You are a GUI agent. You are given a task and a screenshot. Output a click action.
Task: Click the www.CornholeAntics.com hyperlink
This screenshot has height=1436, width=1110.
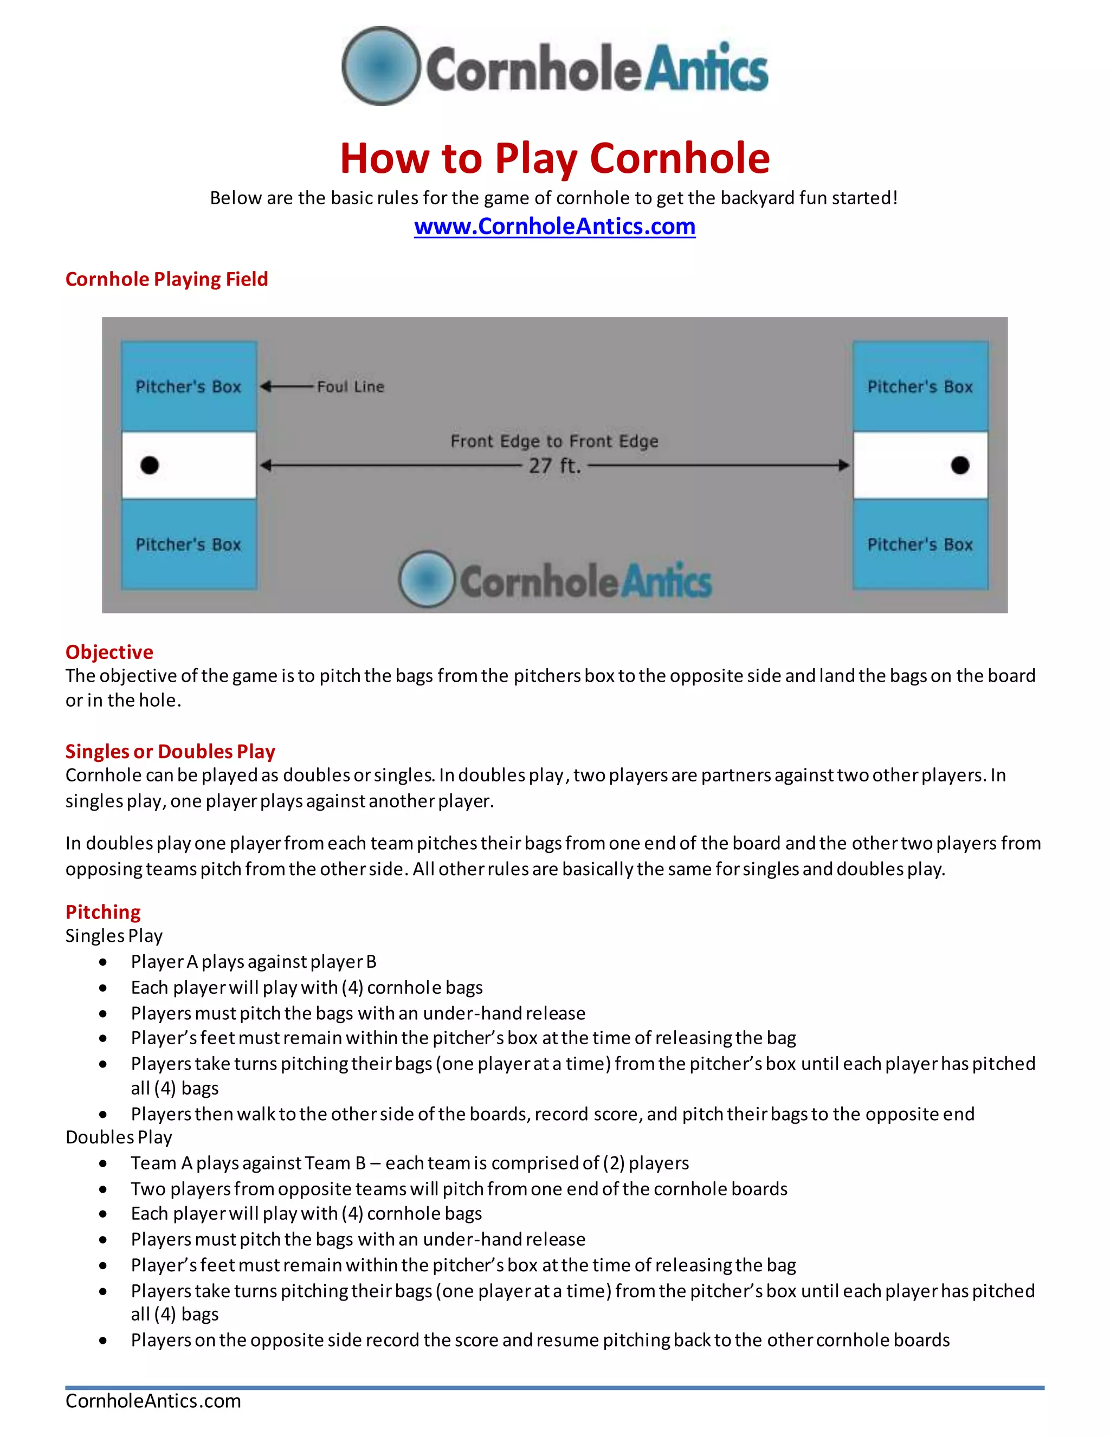[554, 226]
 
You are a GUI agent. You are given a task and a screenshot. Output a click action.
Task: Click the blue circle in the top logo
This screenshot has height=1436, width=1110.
[380, 66]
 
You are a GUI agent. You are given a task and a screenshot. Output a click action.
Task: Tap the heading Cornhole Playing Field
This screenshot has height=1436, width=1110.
[166, 279]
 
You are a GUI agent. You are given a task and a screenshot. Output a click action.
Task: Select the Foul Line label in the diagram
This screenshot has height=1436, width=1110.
[351, 386]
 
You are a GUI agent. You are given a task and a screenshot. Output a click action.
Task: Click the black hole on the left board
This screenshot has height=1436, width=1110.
[150, 465]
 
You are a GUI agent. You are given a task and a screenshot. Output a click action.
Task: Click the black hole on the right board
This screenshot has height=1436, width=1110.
[959, 465]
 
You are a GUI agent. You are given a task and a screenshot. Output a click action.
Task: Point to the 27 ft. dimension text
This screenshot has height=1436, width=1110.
[554, 466]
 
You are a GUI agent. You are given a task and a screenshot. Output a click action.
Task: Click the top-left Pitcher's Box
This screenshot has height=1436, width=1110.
[189, 386]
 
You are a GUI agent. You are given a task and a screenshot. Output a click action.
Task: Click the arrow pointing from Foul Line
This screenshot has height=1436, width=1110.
[286, 386]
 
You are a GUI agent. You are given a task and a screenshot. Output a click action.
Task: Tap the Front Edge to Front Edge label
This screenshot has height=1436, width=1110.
[554, 441]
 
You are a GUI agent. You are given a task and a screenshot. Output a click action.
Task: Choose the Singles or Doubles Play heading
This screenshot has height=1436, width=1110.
[170, 751]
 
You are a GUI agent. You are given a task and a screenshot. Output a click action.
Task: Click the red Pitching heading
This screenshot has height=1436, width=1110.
[103, 912]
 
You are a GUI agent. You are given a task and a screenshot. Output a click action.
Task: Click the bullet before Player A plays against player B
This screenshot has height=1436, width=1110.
[103, 962]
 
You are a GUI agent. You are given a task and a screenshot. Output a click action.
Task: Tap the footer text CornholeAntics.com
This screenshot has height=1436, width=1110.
[153, 1400]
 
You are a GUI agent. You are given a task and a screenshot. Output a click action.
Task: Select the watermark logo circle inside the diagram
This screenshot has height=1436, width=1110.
[427, 579]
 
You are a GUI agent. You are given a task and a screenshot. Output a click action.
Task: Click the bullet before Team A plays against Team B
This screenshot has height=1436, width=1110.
[103, 1163]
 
